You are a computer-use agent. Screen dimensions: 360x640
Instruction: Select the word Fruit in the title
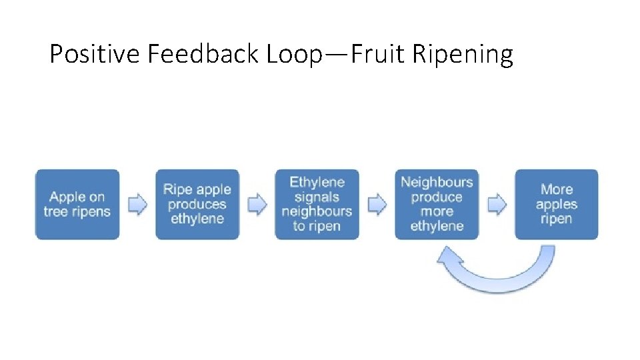tap(378, 53)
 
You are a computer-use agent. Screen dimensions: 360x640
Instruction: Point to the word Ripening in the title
tap(463, 53)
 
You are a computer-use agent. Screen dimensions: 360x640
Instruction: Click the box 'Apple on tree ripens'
tap(77, 204)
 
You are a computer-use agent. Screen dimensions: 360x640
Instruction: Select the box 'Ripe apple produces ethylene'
tap(197, 204)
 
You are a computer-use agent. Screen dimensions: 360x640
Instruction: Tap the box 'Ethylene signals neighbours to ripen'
tap(317, 204)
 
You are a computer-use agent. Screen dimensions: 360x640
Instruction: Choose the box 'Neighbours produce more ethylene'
tap(437, 204)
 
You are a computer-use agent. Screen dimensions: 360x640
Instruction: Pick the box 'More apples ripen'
tap(557, 204)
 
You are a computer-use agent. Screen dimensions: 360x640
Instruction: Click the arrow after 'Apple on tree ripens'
tap(137, 204)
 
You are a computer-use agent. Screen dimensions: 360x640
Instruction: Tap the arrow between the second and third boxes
tap(257, 204)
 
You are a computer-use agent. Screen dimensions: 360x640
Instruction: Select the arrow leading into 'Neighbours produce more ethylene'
tap(377, 204)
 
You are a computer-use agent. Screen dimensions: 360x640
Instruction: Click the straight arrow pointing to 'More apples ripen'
tap(497, 204)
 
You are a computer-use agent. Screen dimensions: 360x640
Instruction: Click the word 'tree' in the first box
tap(56, 212)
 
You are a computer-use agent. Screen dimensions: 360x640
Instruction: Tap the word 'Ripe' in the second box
tap(177, 189)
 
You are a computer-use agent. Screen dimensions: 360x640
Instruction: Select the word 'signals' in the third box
tap(317, 197)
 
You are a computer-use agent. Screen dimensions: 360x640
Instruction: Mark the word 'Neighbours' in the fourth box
tap(437, 182)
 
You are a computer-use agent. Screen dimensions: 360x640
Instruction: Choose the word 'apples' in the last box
tap(557, 204)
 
